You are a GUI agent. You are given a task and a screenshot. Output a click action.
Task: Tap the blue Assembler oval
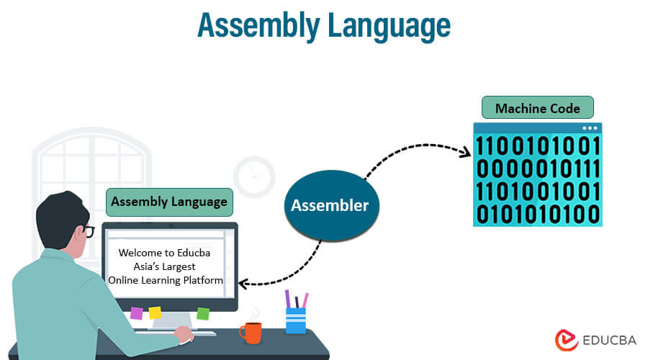(x=330, y=205)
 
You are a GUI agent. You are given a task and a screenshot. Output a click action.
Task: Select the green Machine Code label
(x=537, y=109)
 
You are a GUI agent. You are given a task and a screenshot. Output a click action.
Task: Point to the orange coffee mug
(x=251, y=332)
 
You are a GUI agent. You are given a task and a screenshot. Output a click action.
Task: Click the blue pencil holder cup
(x=296, y=320)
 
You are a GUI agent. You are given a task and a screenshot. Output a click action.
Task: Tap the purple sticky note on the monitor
(x=137, y=312)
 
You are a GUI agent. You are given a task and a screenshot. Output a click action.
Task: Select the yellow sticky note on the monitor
(x=155, y=312)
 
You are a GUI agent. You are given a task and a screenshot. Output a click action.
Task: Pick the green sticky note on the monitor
(x=203, y=313)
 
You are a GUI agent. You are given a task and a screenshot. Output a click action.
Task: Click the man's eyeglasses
(x=86, y=230)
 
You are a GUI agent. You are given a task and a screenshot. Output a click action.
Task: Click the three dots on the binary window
(x=590, y=128)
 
